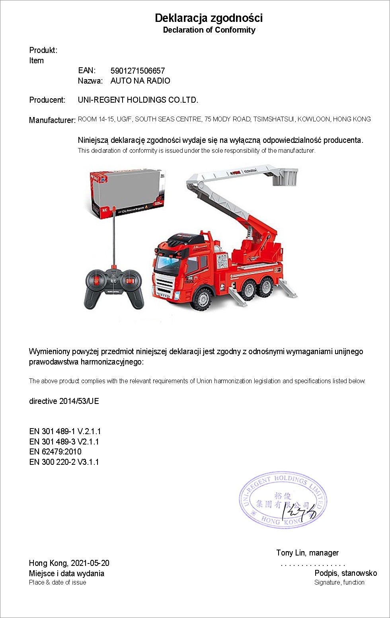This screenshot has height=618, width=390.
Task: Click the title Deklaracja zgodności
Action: (x=209, y=18)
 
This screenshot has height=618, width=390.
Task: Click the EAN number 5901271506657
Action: (x=138, y=71)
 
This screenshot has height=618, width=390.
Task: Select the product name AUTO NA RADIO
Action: (x=140, y=81)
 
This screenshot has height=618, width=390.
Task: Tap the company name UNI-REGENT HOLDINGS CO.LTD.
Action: (x=138, y=100)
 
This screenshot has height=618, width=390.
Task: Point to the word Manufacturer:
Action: (x=52, y=120)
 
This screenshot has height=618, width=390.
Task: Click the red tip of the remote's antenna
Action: (x=114, y=208)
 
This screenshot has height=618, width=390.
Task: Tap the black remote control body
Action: (x=114, y=287)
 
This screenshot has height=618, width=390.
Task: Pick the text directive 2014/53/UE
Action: (x=64, y=401)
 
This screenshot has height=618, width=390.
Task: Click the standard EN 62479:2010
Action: (x=55, y=452)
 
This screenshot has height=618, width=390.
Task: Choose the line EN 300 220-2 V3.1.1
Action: (x=64, y=462)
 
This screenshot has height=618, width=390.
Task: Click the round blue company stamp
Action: (x=283, y=500)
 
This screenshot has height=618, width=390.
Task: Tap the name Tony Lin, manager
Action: (x=307, y=553)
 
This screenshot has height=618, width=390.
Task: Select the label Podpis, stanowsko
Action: (x=345, y=573)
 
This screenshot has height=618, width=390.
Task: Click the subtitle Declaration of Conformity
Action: (x=209, y=30)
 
